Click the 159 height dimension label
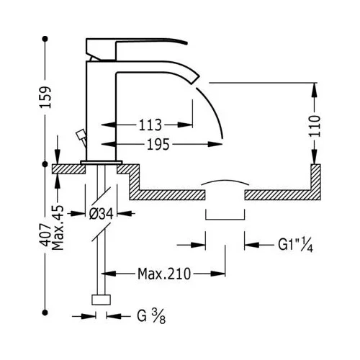click(x=45, y=97)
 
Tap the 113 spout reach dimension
click(x=150, y=125)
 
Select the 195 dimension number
click(x=158, y=145)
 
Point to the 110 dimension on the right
click(x=315, y=126)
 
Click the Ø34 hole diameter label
click(x=101, y=213)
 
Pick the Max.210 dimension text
click(x=164, y=274)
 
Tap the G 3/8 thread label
click(x=151, y=316)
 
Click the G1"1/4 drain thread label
click(x=295, y=245)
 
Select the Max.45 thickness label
click(x=58, y=228)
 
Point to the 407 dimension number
click(x=45, y=235)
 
